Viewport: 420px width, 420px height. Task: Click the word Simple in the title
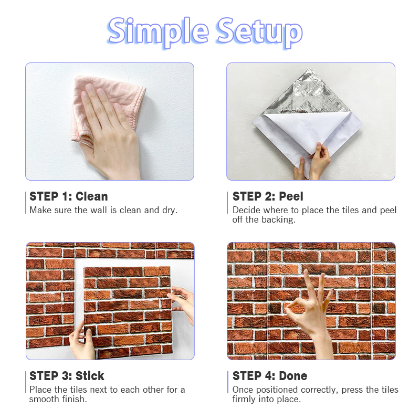(158, 31)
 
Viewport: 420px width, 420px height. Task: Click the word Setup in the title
(259, 31)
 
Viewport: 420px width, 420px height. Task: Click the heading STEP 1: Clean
(69, 196)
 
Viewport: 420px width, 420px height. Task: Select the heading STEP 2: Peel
(268, 196)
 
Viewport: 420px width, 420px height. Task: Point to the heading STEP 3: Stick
(67, 376)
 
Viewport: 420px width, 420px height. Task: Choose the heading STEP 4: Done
(270, 376)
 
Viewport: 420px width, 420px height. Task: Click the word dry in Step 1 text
(170, 211)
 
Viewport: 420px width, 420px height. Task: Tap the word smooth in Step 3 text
(44, 399)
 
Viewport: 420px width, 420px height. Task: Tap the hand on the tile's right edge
(182, 303)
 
